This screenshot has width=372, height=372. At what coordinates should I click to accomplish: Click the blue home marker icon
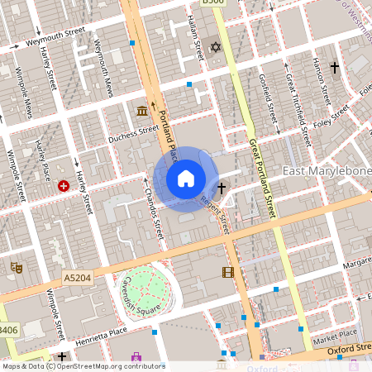(185, 179)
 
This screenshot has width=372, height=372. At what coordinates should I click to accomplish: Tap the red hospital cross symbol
(64, 187)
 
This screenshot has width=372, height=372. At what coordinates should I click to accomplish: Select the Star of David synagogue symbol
(217, 48)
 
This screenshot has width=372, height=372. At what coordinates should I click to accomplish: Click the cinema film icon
(227, 272)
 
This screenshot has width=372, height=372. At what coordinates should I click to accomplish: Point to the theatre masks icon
(15, 267)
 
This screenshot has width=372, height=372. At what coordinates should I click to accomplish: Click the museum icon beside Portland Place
(142, 111)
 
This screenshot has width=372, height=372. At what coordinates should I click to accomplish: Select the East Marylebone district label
(327, 171)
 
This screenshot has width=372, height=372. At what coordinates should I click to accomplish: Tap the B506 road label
(212, 3)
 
